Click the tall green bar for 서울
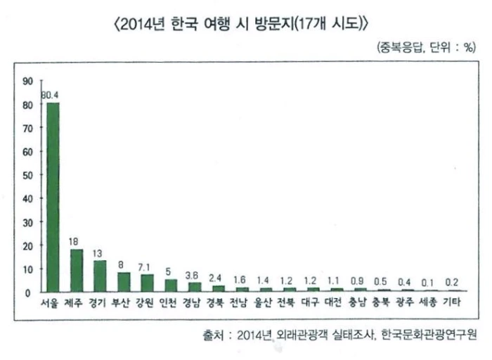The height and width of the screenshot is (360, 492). coord(53,197)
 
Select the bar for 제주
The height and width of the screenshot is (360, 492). coord(76,270)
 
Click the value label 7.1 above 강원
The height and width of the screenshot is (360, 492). coord(146,267)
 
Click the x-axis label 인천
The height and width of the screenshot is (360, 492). coord(169,303)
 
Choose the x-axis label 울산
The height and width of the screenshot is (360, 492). coord(261,303)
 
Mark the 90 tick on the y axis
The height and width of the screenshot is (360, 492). coord(27,82)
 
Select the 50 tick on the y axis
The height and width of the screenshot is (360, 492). coord(27,175)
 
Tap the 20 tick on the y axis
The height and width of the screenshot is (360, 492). coord(27,245)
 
